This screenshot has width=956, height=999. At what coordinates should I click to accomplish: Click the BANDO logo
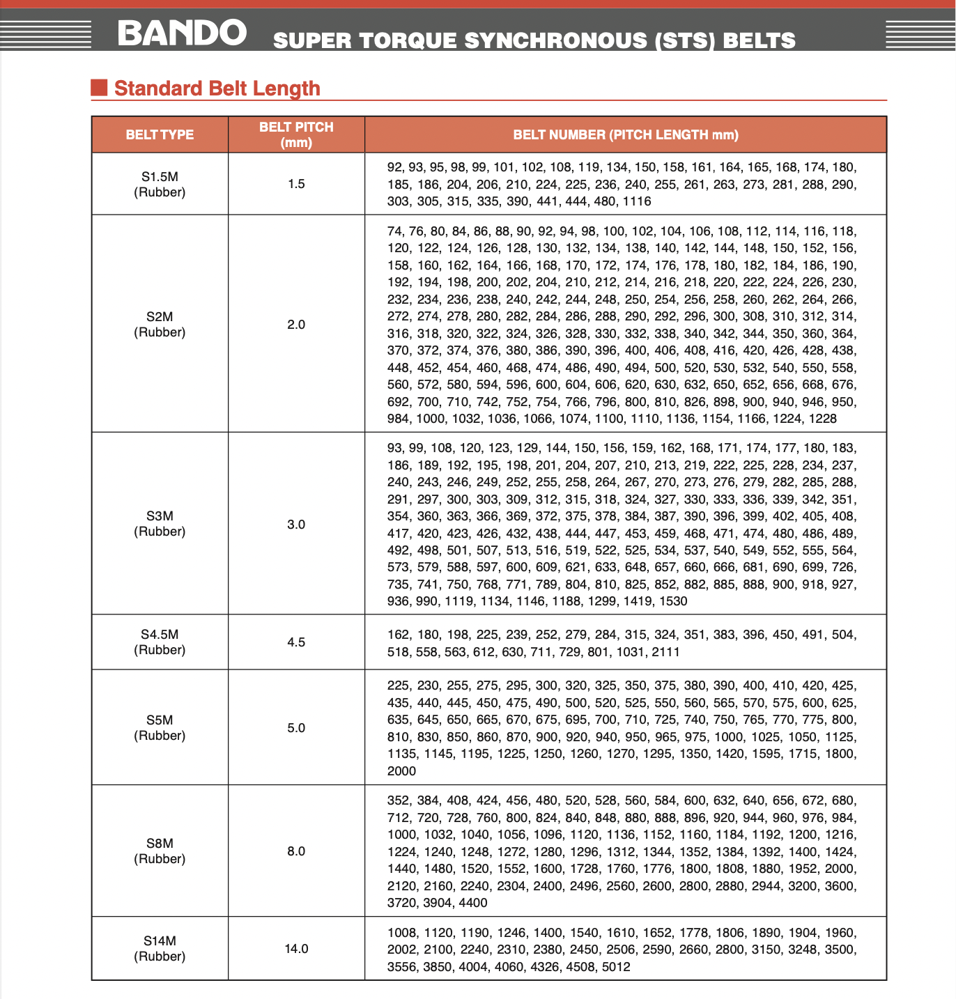tap(182, 33)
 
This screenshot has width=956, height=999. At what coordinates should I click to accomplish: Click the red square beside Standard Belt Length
tap(99, 88)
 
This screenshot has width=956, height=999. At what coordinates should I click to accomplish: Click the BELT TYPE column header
tap(160, 134)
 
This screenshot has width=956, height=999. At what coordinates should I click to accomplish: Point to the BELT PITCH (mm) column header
tap(296, 134)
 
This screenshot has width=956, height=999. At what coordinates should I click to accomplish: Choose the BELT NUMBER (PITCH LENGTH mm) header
tap(625, 134)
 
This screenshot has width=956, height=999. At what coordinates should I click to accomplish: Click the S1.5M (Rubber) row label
tap(160, 185)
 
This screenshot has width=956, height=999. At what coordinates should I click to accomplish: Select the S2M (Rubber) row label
tap(160, 325)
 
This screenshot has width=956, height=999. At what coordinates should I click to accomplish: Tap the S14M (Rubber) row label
tap(160, 949)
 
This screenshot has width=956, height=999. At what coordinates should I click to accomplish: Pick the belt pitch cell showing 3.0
tap(296, 525)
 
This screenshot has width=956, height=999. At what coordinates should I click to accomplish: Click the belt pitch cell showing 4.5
tap(296, 642)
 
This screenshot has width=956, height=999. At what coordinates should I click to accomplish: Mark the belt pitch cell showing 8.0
tap(296, 851)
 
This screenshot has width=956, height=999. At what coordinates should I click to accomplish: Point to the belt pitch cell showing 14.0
tap(296, 949)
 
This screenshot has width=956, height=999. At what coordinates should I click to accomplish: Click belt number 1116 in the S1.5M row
tap(637, 201)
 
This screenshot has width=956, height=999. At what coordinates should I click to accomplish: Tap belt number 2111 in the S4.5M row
tap(665, 652)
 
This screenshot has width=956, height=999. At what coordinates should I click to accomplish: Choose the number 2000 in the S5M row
tap(401, 771)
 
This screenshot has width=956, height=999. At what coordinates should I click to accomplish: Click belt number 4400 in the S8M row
tap(473, 903)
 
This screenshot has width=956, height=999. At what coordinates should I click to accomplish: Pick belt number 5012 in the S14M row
tap(616, 967)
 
